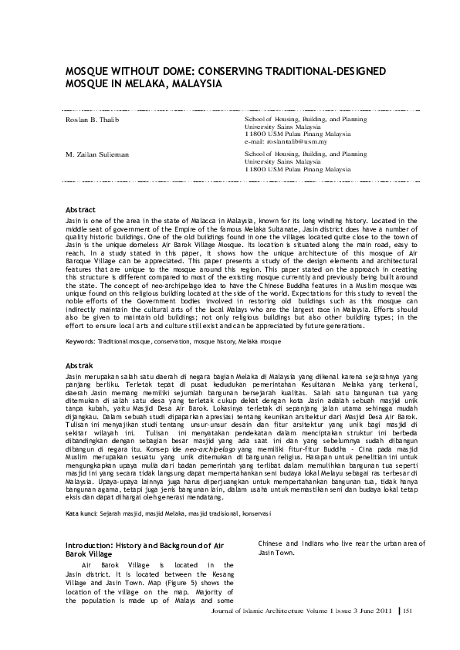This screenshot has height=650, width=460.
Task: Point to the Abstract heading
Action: pyautogui.click(x=80, y=210)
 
